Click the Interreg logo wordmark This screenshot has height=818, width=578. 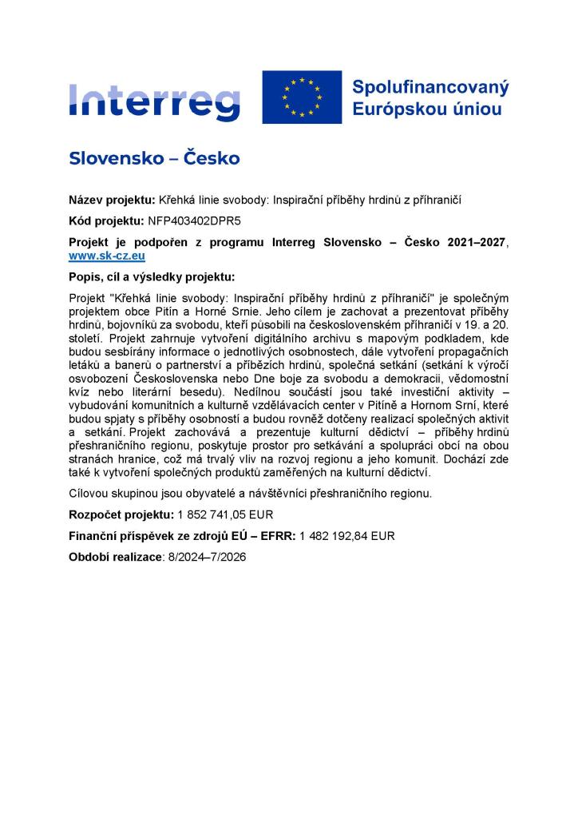154,98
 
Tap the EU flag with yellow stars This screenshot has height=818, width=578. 302,97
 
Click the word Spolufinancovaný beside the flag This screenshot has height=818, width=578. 430,86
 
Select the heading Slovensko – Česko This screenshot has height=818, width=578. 154,158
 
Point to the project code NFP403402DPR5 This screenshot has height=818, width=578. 194,220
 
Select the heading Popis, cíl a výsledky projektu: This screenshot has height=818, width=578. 152,277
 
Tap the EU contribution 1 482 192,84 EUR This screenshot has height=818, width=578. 346,535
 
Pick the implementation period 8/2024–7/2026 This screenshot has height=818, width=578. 207,556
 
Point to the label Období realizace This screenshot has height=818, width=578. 115,556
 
